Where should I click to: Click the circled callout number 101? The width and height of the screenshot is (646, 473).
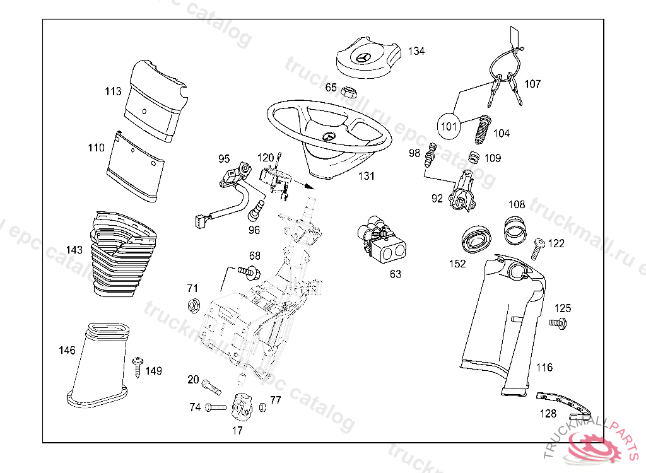point(449,126)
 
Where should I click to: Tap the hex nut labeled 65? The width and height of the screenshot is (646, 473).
point(349,91)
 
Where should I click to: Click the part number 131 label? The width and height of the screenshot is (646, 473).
point(366,176)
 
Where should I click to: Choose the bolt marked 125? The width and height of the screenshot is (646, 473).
point(557,324)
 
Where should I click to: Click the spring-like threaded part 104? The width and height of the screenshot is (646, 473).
point(483,130)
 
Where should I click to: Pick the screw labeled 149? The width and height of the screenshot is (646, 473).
point(138,368)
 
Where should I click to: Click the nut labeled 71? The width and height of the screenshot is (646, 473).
point(194,306)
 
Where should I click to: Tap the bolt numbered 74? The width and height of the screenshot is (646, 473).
point(215,407)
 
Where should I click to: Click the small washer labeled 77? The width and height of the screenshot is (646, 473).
point(262,407)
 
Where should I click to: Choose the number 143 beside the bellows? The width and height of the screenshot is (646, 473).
point(74,250)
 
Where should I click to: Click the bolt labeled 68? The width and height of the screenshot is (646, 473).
point(249,272)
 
